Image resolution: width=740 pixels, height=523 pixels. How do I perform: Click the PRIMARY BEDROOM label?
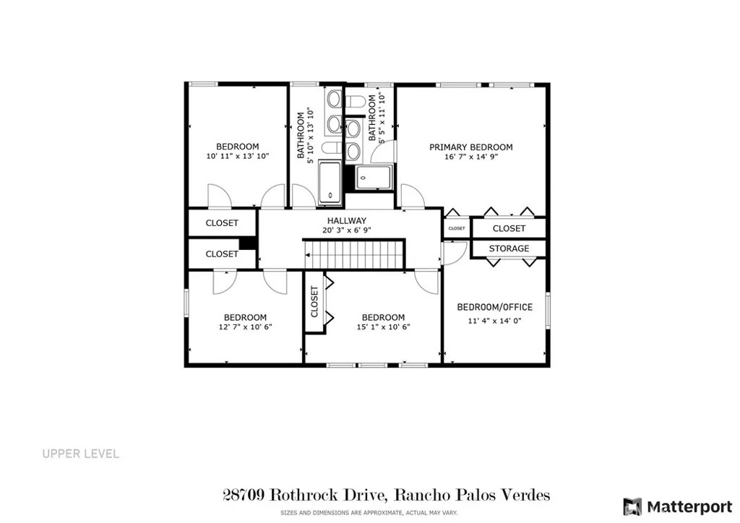tap(470, 147)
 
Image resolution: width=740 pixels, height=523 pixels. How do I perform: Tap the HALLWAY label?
tap(347, 220)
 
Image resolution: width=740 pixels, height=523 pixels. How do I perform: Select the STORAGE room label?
tap(509, 248)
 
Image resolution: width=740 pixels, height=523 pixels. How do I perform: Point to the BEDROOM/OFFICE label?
tap(494, 307)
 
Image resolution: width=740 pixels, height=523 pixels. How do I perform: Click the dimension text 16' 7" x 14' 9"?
tap(471, 157)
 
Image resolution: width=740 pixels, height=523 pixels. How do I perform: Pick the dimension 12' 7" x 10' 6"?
tap(246, 327)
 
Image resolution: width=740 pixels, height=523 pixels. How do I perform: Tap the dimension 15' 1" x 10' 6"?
tap(383, 327)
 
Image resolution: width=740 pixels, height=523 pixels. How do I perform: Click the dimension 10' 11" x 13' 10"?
tap(237, 156)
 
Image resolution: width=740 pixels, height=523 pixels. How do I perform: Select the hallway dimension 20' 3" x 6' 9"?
tap(347, 230)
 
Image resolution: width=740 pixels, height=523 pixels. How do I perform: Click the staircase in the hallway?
tap(354, 255)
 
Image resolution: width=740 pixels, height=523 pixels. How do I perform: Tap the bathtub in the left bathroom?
tap(330, 183)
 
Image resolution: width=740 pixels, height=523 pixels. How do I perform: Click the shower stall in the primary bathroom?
tap(374, 177)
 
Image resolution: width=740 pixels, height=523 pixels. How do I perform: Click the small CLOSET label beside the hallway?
tap(457, 228)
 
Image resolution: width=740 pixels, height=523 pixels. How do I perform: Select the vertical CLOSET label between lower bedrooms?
tap(314, 302)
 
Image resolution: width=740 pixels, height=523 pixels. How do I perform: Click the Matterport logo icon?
tap(632, 506)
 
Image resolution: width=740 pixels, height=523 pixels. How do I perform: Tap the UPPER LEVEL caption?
tap(81, 454)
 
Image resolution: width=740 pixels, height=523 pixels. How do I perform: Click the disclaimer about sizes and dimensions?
tap(369, 513)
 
